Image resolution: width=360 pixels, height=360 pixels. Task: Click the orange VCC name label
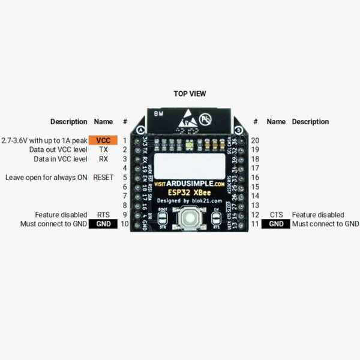(103, 140)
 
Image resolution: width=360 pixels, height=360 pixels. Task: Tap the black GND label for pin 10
(104, 224)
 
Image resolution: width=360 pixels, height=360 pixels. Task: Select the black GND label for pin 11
(275, 224)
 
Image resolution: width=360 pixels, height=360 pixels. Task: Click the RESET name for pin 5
(103, 178)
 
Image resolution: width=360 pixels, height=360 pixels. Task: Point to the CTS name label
(276, 215)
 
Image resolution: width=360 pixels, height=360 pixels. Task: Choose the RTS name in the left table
(103, 215)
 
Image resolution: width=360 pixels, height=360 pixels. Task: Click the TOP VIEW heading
(190, 94)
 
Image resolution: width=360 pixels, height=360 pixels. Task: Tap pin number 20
(256, 140)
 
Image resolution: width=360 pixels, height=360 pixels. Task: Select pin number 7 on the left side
(125, 196)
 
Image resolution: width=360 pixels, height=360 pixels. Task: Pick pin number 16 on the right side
(256, 178)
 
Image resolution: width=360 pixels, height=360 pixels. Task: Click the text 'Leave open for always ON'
(46, 178)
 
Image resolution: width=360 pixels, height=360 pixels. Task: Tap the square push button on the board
(190, 218)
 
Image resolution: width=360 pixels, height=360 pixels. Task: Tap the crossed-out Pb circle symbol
(207, 118)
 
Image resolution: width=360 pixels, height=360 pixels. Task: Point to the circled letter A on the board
(140, 130)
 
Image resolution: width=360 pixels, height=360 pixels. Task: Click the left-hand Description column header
(68, 122)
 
